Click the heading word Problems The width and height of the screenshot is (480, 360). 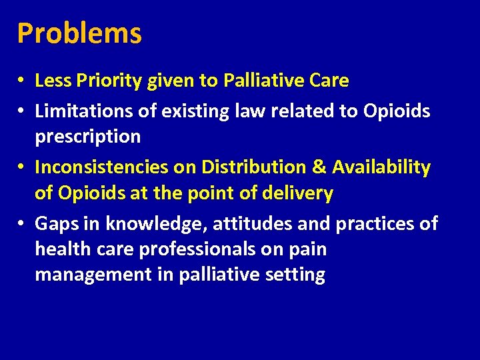pyautogui.click(x=79, y=33)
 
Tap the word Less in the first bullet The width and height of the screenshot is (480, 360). pyautogui.click(x=52, y=81)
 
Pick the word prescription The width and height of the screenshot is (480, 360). pyautogui.click(x=87, y=137)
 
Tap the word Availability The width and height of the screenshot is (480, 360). pyautogui.click(x=382, y=167)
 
